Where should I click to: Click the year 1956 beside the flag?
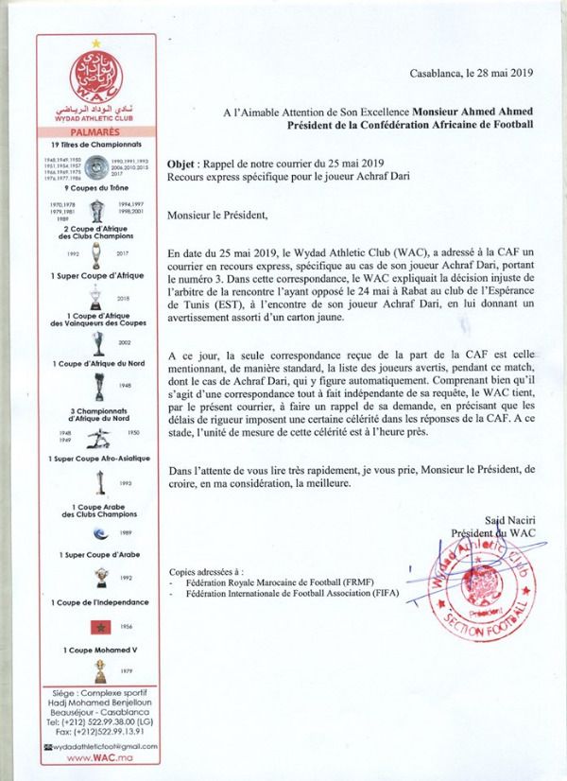point(126,627)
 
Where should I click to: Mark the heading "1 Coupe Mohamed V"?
point(97,651)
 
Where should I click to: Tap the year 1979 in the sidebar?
point(127,672)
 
